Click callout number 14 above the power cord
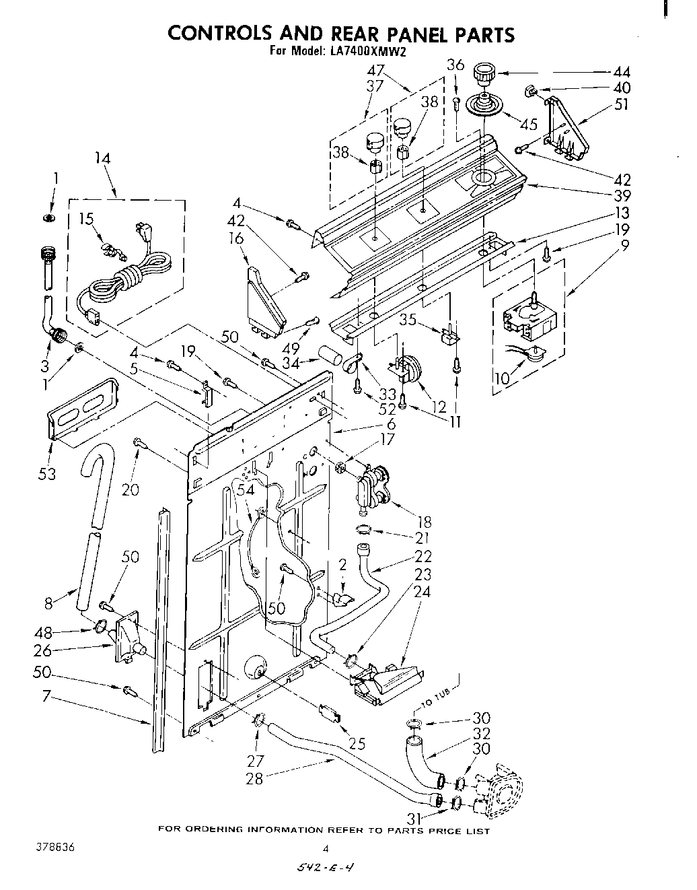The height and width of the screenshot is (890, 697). (x=103, y=159)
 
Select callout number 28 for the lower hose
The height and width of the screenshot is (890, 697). (x=255, y=779)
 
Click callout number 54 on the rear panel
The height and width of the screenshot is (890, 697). (x=247, y=490)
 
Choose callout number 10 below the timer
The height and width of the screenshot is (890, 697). (x=501, y=379)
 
